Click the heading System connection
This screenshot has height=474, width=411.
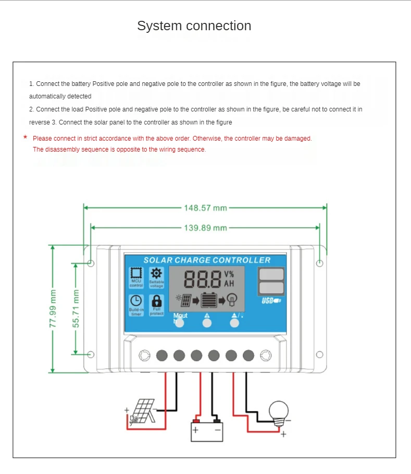(x=194, y=26)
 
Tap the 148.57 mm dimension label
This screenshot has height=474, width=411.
(x=205, y=208)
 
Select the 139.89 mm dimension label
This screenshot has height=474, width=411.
(x=205, y=228)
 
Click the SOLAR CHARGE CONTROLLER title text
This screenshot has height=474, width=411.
(x=207, y=260)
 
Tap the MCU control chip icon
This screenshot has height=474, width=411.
(x=136, y=273)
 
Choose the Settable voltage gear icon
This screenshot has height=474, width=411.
(x=156, y=273)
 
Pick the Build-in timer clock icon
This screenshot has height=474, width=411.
(x=136, y=301)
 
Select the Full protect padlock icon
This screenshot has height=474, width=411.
(x=156, y=301)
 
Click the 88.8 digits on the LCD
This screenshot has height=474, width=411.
(x=202, y=280)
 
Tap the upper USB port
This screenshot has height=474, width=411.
(x=271, y=275)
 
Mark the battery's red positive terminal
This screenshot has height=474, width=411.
(x=196, y=421)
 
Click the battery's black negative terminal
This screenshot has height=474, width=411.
(x=217, y=421)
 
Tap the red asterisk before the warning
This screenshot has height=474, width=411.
(x=25, y=138)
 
